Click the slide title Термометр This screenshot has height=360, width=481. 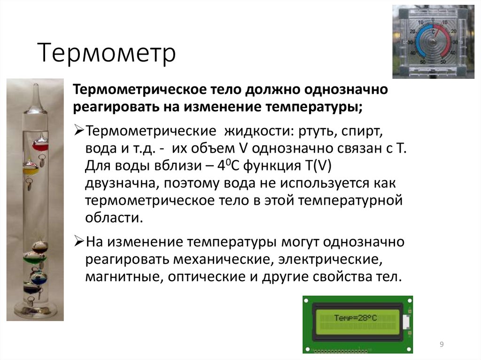[x=108, y=53]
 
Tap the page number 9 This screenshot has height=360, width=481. [x=442, y=345]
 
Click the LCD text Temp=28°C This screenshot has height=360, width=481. [x=355, y=318]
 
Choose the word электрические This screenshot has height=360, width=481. [x=328, y=259]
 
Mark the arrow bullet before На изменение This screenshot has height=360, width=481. [x=79, y=242]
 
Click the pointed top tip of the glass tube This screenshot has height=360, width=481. [x=36, y=87]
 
